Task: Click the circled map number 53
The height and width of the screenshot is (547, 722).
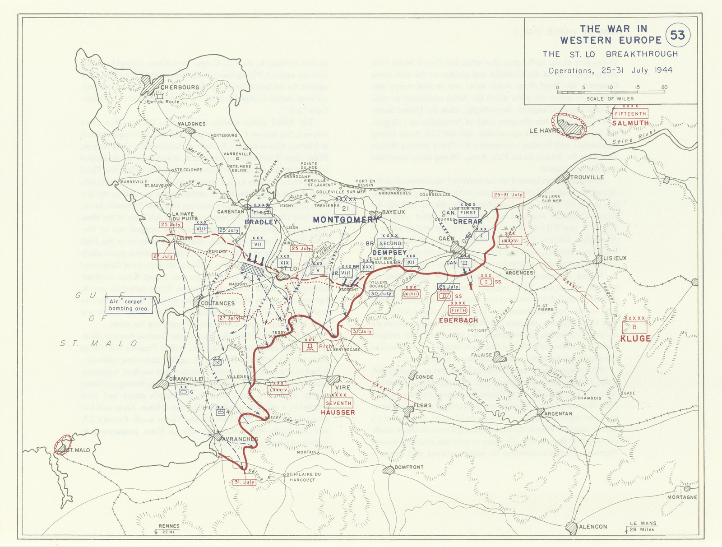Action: click(677, 35)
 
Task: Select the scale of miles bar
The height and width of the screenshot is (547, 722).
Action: click(611, 92)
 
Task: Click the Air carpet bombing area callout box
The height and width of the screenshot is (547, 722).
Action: click(129, 305)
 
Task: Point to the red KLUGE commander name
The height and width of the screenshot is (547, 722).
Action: click(635, 338)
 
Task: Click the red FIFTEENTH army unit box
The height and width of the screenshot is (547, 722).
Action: click(630, 114)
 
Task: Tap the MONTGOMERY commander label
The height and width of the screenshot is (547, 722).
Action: click(346, 220)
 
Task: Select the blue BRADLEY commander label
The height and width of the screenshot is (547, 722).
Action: click(261, 222)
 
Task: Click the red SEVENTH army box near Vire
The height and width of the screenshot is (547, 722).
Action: click(338, 403)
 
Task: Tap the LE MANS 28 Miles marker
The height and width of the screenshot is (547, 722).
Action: click(643, 526)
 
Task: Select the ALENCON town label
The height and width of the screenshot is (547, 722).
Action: click(592, 526)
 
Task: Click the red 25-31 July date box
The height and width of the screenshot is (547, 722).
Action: click(508, 195)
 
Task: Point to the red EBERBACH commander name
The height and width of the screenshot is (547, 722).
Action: click(458, 320)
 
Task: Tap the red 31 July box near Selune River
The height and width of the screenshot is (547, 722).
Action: click(244, 482)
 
